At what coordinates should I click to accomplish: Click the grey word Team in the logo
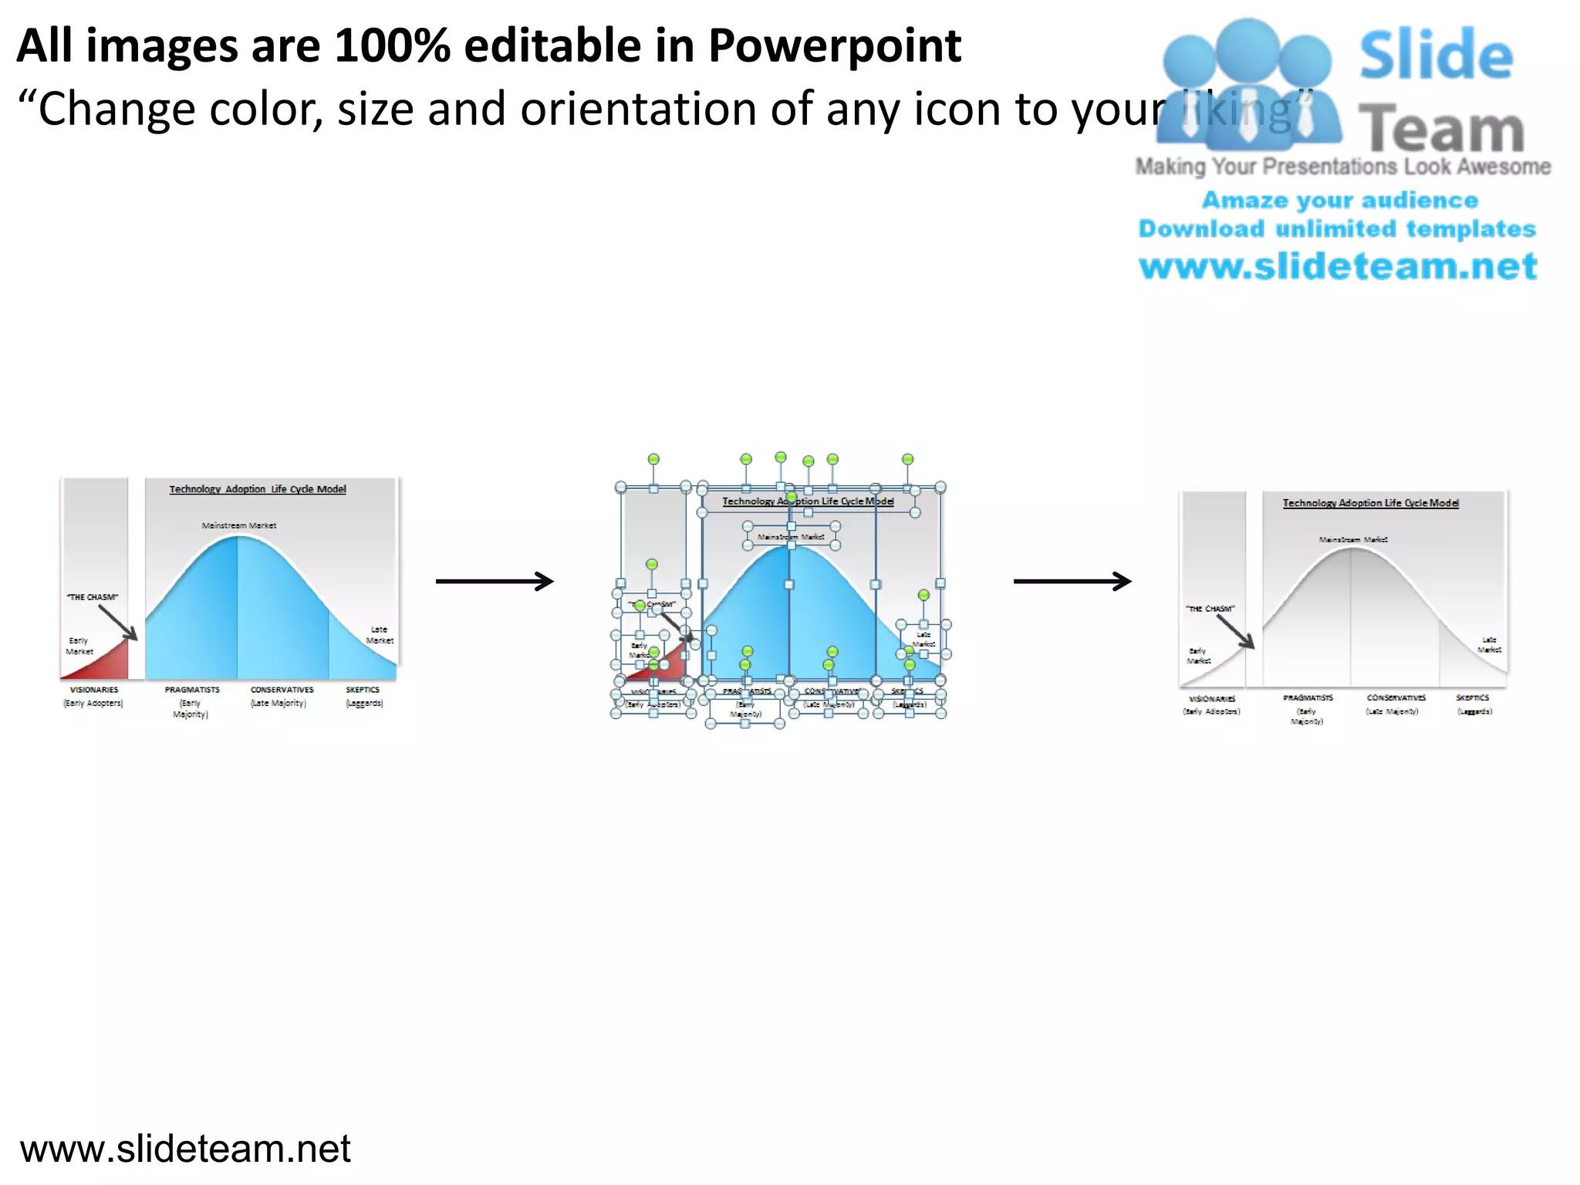[1440, 130]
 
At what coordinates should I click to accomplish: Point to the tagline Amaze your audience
[1340, 201]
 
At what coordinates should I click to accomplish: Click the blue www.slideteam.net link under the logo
[1338, 266]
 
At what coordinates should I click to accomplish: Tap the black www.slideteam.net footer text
[185, 1149]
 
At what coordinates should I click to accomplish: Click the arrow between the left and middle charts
[495, 581]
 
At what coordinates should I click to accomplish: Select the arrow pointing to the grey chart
[1072, 581]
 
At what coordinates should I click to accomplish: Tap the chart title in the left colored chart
[258, 489]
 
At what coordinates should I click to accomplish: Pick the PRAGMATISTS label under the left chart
[192, 690]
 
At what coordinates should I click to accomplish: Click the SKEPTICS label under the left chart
[363, 690]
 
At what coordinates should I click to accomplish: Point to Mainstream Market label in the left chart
[239, 525]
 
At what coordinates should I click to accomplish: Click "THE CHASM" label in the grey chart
[1210, 609]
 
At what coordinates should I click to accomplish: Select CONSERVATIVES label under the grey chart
[1396, 697]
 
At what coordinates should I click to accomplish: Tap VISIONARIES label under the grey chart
[1212, 699]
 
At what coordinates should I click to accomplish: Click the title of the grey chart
[1370, 503]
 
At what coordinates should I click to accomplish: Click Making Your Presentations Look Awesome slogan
[1342, 167]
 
